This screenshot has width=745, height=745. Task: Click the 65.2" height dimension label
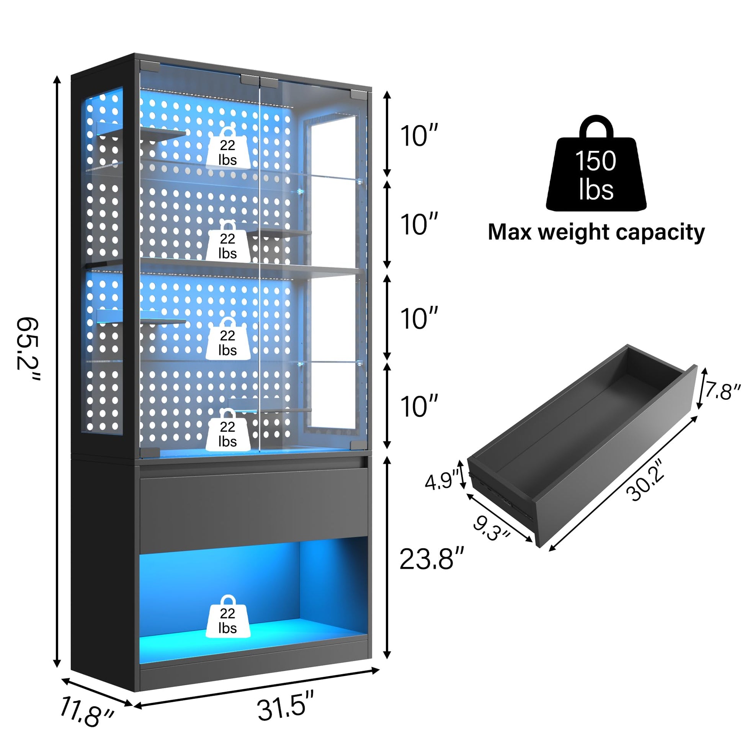[x=28, y=350]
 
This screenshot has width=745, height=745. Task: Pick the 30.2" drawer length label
[x=645, y=480]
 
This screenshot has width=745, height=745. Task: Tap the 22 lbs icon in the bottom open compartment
[x=228, y=621]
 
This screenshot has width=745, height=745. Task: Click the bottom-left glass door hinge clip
[x=150, y=451]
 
